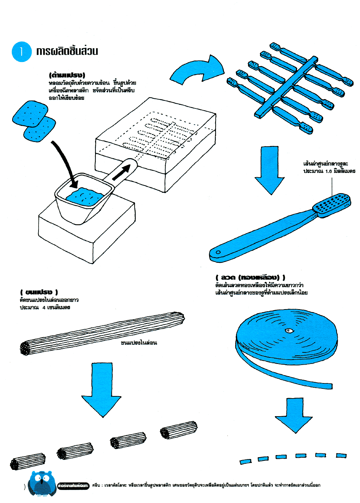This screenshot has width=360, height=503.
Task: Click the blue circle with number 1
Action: pyautogui.click(x=22, y=52)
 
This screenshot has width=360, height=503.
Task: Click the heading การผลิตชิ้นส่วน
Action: pyautogui.click(x=67, y=51)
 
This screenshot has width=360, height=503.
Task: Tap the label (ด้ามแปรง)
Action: pyautogui.click(x=67, y=75)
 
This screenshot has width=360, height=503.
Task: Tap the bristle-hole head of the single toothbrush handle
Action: pyautogui.click(x=331, y=204)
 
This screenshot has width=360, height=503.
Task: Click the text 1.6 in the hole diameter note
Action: pyautogui.click(x=328, y=171)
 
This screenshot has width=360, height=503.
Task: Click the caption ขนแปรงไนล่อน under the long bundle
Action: pyautogui.click(x=139, y=343)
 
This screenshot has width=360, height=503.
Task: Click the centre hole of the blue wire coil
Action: pyautogui.click(x=288, y=330)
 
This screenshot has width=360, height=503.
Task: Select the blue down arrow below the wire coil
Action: pyautogui.click(x=294, y=414)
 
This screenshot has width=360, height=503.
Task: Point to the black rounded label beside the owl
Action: pyautogui.click(x=73, y=485)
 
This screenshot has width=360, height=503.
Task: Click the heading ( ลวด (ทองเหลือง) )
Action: pyautogui.click(x=250, y=277)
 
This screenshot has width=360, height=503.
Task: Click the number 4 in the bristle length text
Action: pyautogui.click(x=44, y=307)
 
